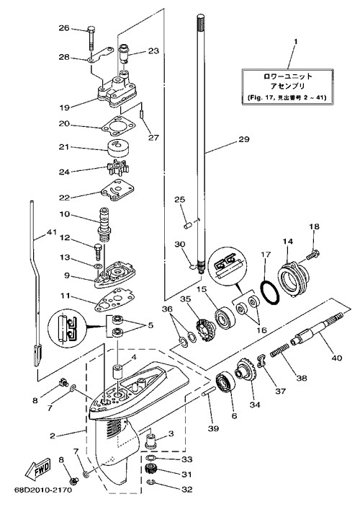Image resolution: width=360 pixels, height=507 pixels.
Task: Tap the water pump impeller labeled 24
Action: tap(117, 169)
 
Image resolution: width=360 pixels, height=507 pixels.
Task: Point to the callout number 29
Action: tap(244, 139)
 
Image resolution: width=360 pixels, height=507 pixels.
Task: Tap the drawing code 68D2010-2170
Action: tap(43, 490)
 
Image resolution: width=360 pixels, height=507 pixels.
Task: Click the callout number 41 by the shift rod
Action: tap(51, 232)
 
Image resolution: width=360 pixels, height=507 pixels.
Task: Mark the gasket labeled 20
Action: tap(119, 125)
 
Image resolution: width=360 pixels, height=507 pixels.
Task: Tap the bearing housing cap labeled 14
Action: tap(294, 275)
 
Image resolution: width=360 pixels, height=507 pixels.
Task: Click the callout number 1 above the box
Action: tap(296, 42)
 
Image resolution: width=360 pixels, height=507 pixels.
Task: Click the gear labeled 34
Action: tap(247, 372)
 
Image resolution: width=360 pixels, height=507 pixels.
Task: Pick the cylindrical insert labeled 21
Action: tap(117, 147)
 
